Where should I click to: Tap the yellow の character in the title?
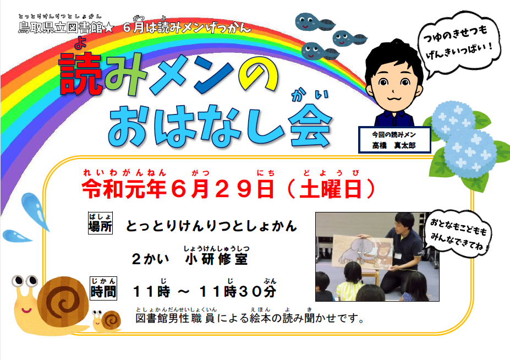(258, 76)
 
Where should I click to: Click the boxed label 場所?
(100, 223)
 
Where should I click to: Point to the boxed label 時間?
(103, 288)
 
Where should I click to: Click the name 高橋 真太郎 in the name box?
(394, 145)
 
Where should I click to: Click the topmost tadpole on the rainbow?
(314, 22)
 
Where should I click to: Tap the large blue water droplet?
(34, 210)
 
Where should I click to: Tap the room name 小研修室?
(216, 259)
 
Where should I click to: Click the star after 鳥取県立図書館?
(108, 28)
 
